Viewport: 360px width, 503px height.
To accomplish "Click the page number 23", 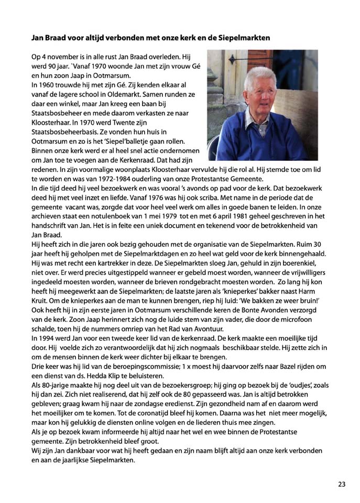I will (x=342, y=484).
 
